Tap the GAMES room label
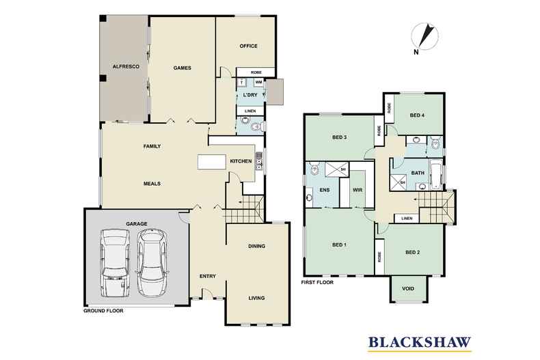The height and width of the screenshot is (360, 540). coord(181,68)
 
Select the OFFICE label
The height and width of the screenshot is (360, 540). coord(247,46)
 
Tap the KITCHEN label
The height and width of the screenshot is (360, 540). coord(240,161)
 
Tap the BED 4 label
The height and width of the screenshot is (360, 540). coord(417,115)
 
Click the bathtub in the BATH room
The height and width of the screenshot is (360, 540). coord(435,170)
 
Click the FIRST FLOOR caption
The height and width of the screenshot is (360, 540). coord(319,281)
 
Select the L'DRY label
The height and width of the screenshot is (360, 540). coord(249,95)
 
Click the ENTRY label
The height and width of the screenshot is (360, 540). coord(207,276)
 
